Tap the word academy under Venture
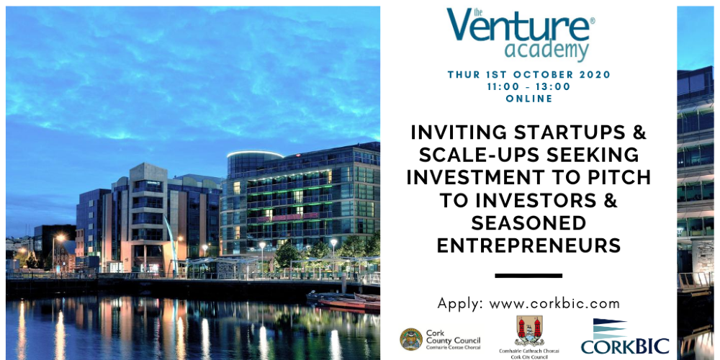[546, 50]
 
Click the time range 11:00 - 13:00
[529, 87]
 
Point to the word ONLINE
[529, 98]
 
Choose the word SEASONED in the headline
[528, 222]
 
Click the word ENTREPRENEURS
[528, 246]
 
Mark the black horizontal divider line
[528, 276]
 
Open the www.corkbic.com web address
[554, 304]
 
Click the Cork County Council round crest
[411, 339]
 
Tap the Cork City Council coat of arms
[529, 330]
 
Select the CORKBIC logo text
[624, 346]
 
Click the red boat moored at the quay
[349, 304]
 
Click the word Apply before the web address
[461, 305]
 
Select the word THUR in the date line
[463, 75]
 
